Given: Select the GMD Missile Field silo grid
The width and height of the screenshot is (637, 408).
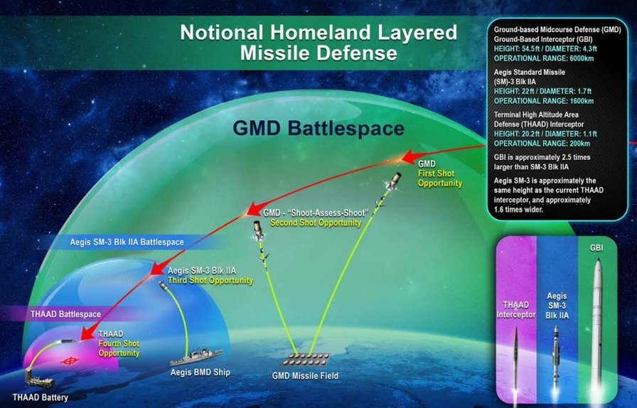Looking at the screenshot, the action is (x=306, y=358).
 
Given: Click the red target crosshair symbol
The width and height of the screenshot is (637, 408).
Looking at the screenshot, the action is (x=70, y=360).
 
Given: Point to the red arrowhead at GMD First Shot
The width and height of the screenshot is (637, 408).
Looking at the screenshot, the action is (x=409, y=156).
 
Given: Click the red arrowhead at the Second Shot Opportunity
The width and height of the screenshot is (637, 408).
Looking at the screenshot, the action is (x=254, y=208).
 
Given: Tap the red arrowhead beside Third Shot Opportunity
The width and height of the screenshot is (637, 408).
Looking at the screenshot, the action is (x=158, y=268).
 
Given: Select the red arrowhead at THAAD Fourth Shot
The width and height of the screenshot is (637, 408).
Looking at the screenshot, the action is (x=86, y=333).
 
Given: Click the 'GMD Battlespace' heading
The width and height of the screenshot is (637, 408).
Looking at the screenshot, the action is (x=318, y=129).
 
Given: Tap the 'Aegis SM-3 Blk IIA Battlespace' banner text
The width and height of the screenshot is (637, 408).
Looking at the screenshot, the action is (x=127, y=242).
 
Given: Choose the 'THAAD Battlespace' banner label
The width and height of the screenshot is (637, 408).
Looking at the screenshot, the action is (x=66, y=315).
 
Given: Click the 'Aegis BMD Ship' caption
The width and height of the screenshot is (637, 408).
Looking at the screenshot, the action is (x=200, y=372).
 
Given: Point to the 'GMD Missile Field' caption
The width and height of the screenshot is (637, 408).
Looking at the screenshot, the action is (x=305, y=376).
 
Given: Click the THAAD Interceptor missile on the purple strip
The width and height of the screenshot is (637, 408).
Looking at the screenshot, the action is (x=515, y=357).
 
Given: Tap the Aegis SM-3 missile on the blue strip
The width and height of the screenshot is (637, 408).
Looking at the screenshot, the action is (x=556, y=353).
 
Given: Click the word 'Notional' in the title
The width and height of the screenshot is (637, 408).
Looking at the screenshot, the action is (x=222, y=33).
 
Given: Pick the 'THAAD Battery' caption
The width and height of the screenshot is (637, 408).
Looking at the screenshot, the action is (x=41, y=397).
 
